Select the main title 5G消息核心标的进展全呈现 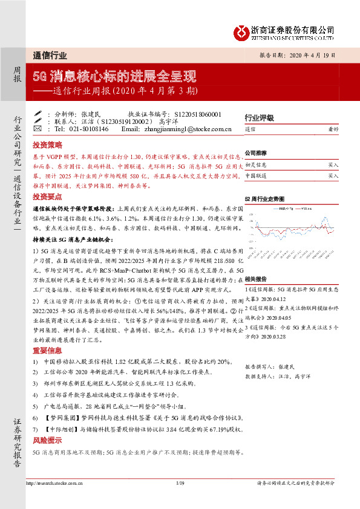(x=114, y=77)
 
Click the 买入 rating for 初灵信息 (x=333, y=164)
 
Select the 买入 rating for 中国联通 (x=333, y=176)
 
